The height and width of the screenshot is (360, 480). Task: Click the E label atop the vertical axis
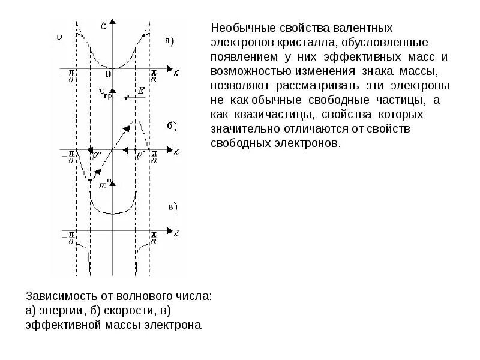[x=104, y=25]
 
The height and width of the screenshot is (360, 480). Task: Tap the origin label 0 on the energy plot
[x=108, y=74]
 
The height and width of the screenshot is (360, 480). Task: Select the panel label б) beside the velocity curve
[x=170, y=126]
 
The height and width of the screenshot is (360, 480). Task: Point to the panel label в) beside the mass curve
[x=172, y=207]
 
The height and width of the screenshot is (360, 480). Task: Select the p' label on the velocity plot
[x=140, y=154]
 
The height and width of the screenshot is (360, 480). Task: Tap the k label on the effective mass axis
[x=176, y=232]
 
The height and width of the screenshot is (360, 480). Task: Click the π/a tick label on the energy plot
[x=154, y=74]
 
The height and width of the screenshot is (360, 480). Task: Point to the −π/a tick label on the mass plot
[x=70, y=237]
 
